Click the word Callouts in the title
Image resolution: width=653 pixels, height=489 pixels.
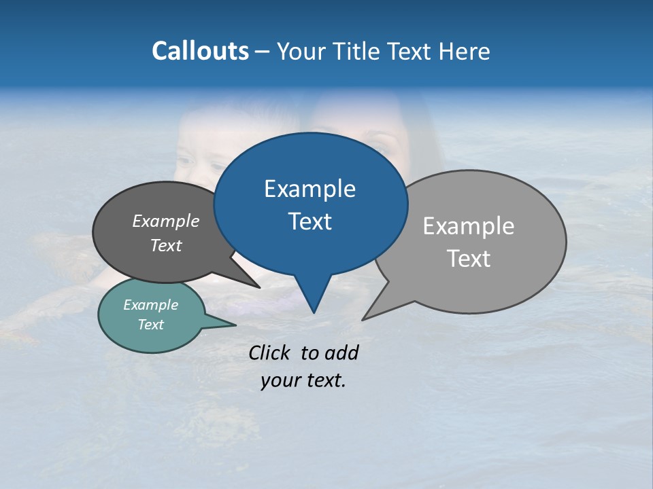(200, 51)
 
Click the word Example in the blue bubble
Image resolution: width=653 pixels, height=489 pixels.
(309, 189)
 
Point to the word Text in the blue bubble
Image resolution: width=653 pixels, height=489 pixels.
(309, 221)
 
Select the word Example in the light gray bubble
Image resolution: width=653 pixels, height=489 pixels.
(469, 226)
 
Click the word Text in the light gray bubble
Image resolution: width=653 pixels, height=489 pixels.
(469, 259)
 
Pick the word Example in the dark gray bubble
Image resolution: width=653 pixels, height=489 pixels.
(166, 221)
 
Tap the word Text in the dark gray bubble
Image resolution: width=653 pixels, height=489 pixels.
(166, 245)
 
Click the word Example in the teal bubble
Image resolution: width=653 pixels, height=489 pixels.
(151, 305)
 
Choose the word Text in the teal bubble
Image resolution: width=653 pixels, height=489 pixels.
(151, 325)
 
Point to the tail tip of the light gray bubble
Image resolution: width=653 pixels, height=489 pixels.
(363, 319)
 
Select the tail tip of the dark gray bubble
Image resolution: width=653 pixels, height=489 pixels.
(259, 287)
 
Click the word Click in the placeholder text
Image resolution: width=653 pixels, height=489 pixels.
(269, 352)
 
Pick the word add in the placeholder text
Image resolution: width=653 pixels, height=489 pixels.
(341, 352)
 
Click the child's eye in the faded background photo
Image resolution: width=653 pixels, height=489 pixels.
(216, 166)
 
